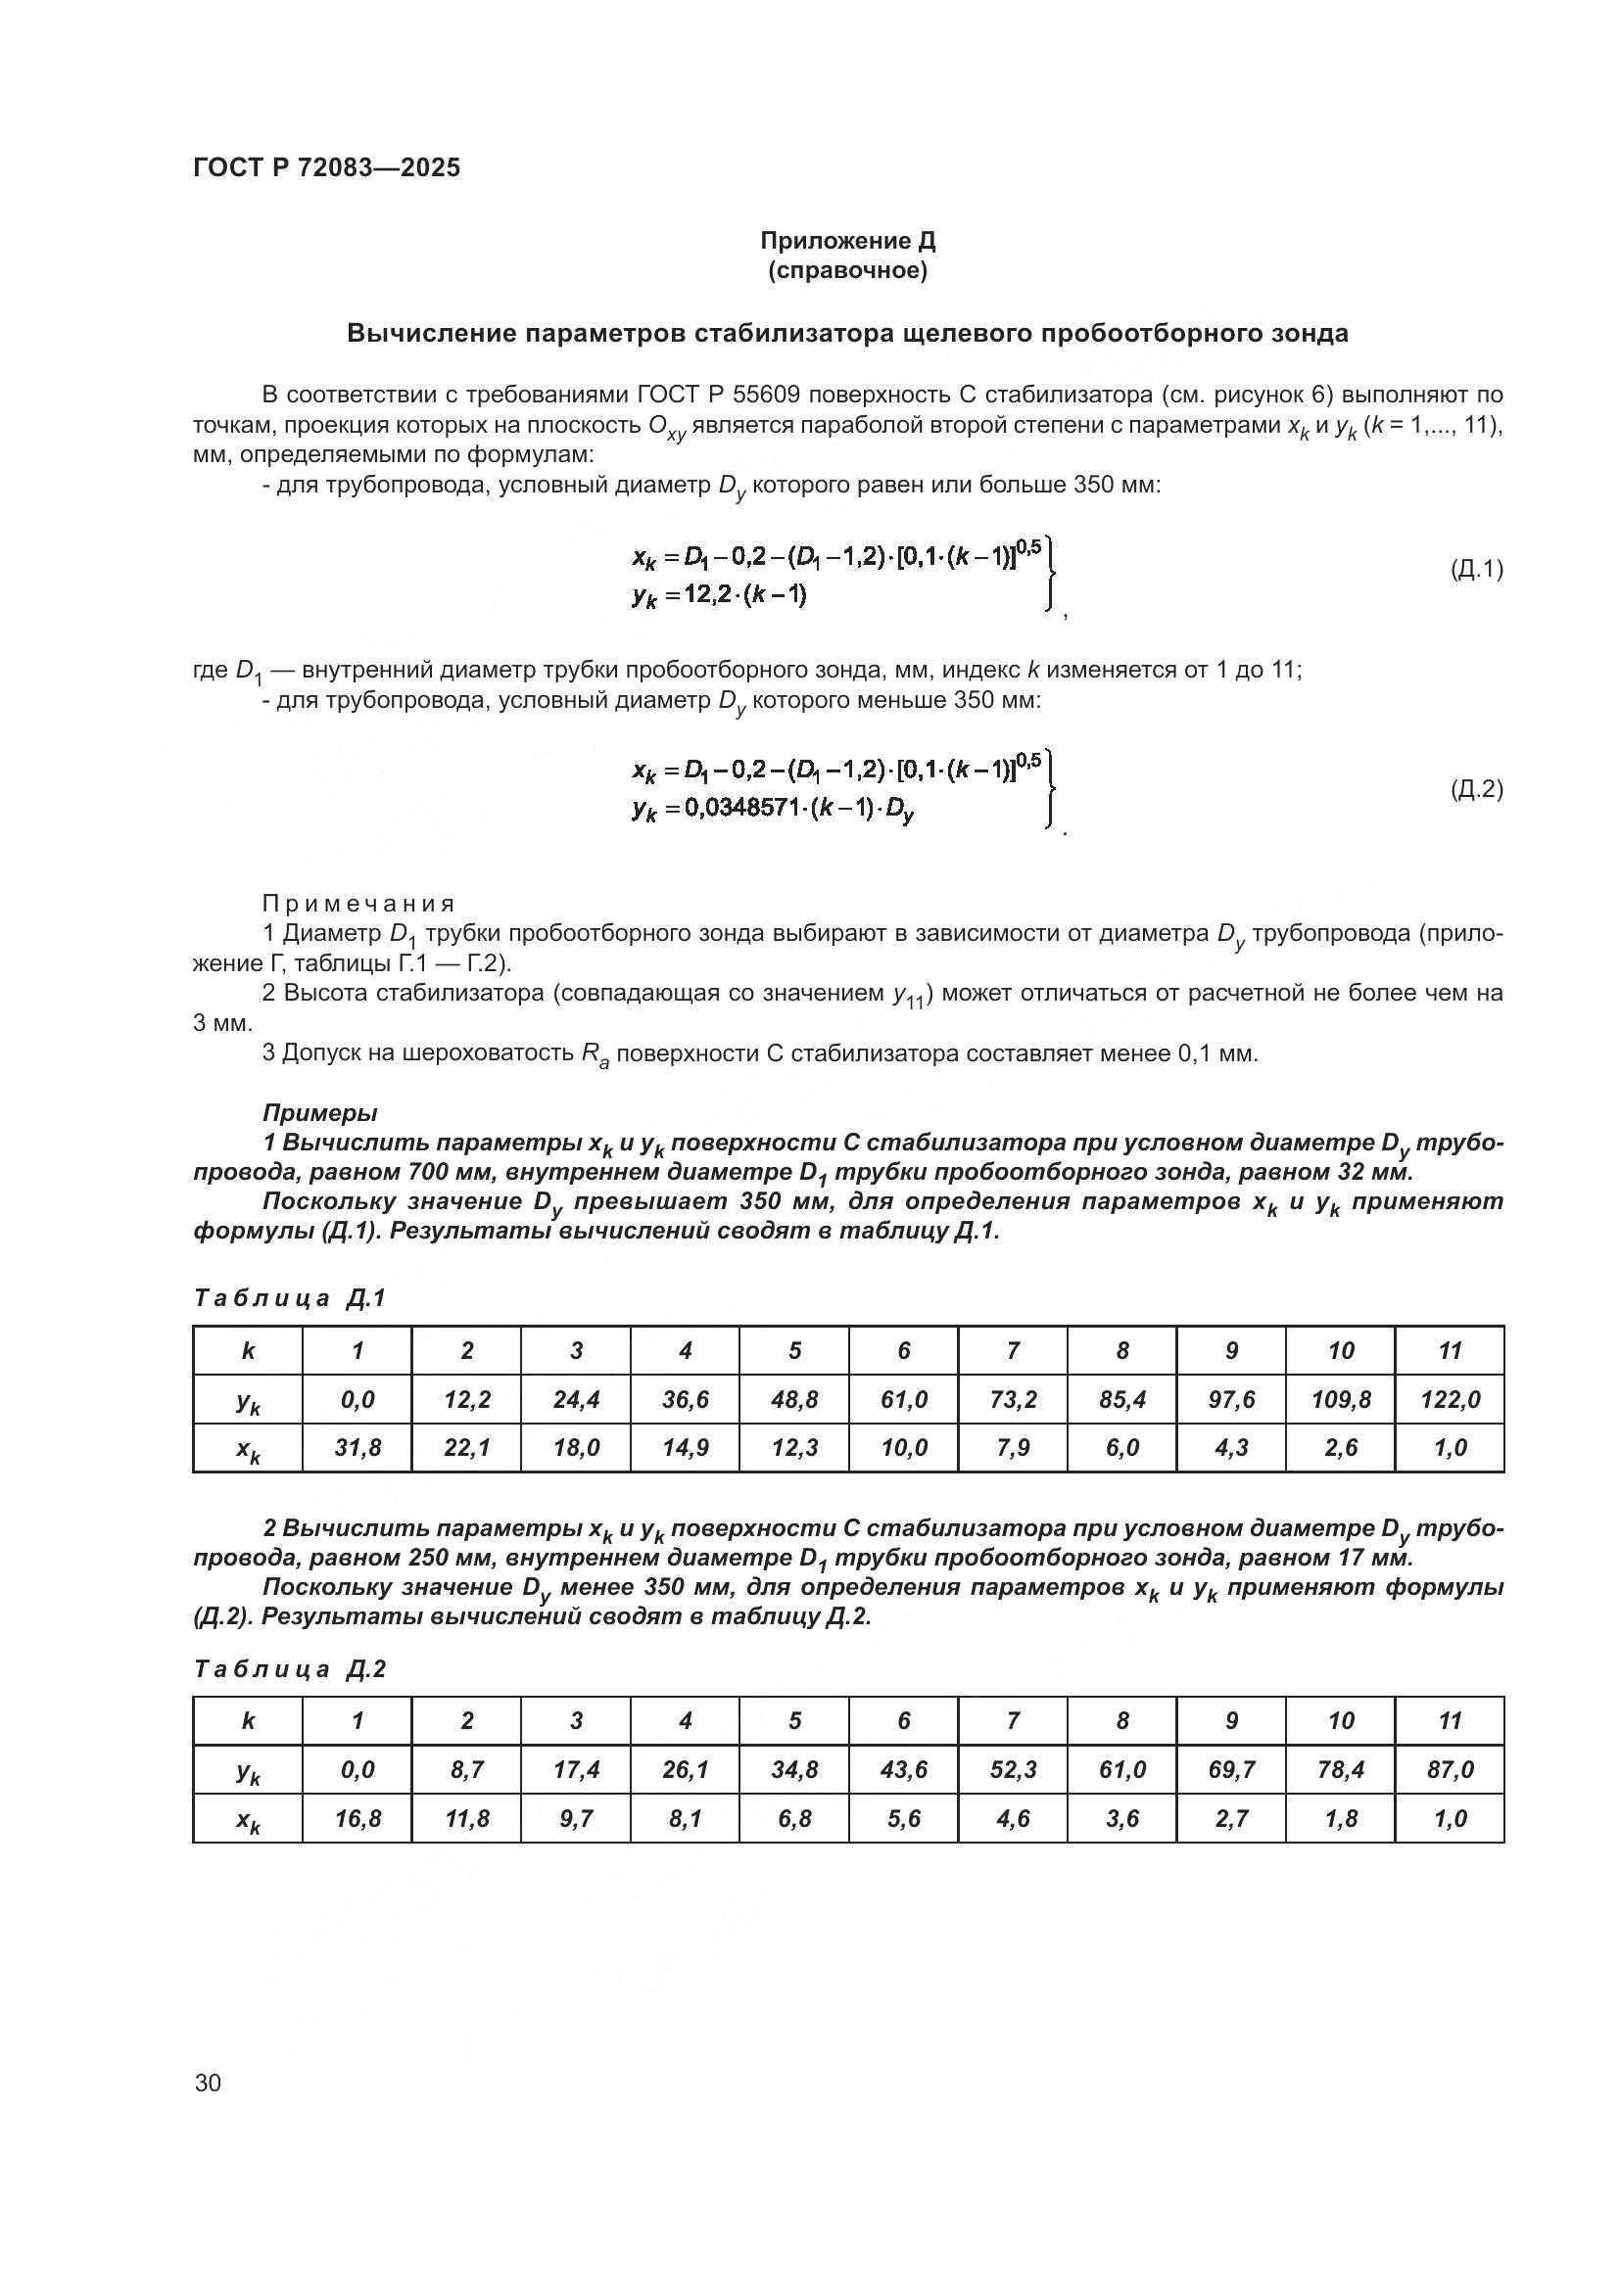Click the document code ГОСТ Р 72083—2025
coord(326,167)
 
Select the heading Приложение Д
coord(847,242)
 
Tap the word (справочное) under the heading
coord(847,271)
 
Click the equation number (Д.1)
coord(1475,570)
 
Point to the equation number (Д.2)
coord(1475,790)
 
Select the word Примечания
coord(358,904)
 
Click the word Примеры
coord(319,1112)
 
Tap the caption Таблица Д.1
coord(289,1297)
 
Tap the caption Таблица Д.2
coord(289,1668)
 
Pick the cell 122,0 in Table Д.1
coord(1450,1399)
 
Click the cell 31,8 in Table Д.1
coord(357,1447)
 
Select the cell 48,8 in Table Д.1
coord(794,1399)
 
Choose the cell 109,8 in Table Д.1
coord(1341,1399)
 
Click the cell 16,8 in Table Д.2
coord(357,1818)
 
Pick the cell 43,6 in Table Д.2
coord(904,1769)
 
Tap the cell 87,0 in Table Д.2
coord(1450,1769)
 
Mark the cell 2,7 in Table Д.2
coord(1231,1818)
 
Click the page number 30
coord(208,2082)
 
